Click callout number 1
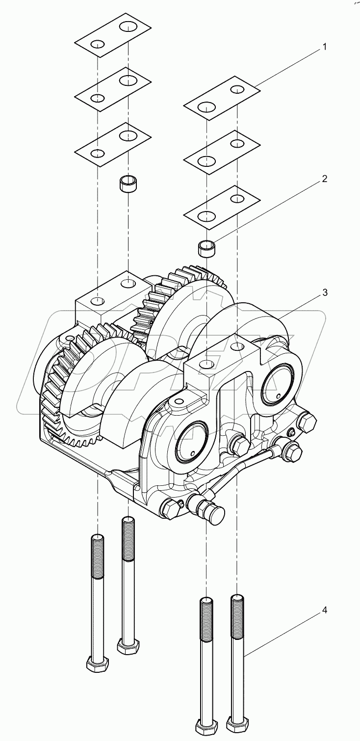click(324, 48)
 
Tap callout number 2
click(324, 179)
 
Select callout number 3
click(324, 292)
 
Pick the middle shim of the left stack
click(112, 89)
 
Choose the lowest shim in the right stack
click(221, 207)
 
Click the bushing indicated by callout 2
click(207, 248)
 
